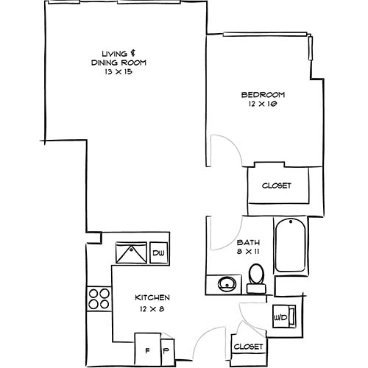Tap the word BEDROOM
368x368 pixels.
(x=263, y=95)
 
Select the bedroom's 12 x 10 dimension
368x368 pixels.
(x=263, y=105)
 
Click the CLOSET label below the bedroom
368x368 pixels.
(x=277, y=185)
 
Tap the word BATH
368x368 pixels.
(x=246, y=242)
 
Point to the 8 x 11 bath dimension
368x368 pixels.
(x=248, y=252)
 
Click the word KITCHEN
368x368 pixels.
(x=153, y=297)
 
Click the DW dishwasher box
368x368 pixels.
(x=158, y=254)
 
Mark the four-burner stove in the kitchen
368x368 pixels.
(x=99, y=299)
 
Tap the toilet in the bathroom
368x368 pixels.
(x=256, y=275)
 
